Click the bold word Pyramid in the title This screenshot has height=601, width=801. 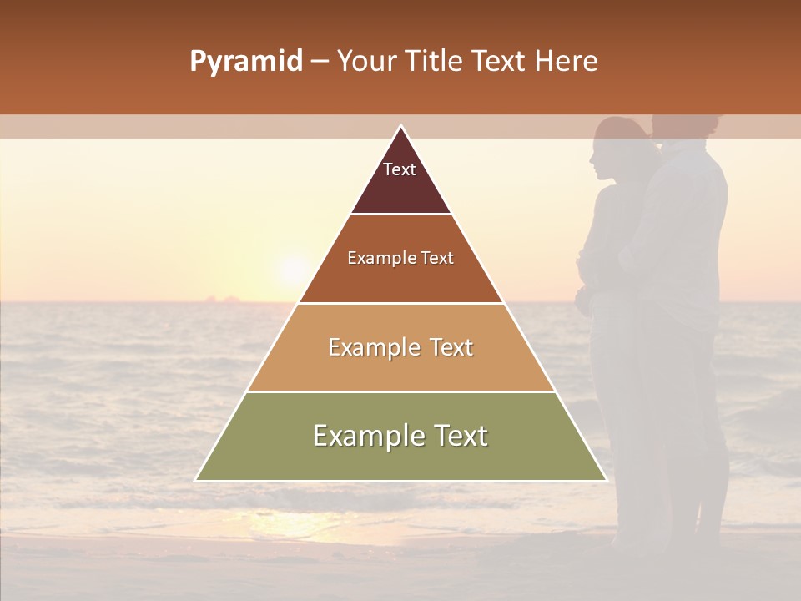[245, 62]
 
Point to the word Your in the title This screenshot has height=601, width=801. [365, 62]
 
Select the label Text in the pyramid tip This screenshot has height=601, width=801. [400, 169]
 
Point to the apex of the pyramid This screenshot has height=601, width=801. [400, 127]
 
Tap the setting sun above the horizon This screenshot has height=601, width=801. [293, 269]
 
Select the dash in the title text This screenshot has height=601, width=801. [320, 62]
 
